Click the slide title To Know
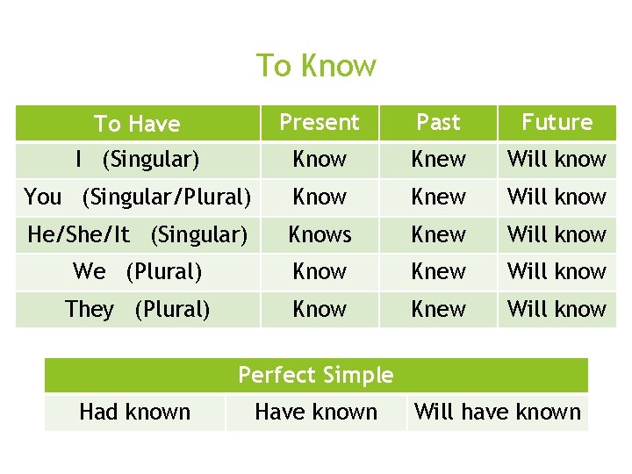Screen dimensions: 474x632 pyautogui.click(x=316, y=66)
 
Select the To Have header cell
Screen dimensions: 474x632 pyautogui.click(x=137, y=124)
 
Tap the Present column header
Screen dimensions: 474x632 pyautogui.click(x=320, y=123)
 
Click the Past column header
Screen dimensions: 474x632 pyautogui.click(x=438, y=123)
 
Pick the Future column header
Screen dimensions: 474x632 pyautogui.click(x=557, y=123)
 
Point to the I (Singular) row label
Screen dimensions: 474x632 pyautogui.click(x=137, y=160)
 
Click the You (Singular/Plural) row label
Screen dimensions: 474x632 pyautogui.click(x=137, y=197)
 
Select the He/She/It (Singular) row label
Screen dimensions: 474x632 pyautogui.click(x=137, y=234)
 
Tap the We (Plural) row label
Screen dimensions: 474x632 pyautogui.click(x=137, y=272)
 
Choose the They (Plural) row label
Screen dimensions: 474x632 pyautogui.click(x=137, y=309)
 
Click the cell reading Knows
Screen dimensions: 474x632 pyautogui.click(x=320, y=234)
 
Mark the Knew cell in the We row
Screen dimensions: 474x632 pyautogui.click(x=438, y=272)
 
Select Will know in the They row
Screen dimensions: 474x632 pyautogui.click(x=557, y=309)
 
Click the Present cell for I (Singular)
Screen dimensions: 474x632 pyautogui.click(x=320, y=160)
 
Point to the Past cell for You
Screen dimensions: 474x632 pyautogui.click(x=438, y=197)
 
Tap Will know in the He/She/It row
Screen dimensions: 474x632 pyautogui.click(x=557, y=234)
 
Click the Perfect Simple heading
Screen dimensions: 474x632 pyautogui.click(x=316, y=375)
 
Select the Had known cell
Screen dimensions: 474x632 pyautogui.click(x=135, y=412)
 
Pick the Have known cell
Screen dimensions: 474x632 pyautogui.click(x=316, y=412)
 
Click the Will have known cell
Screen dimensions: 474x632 pyautogui.click(x=498, y=412)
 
